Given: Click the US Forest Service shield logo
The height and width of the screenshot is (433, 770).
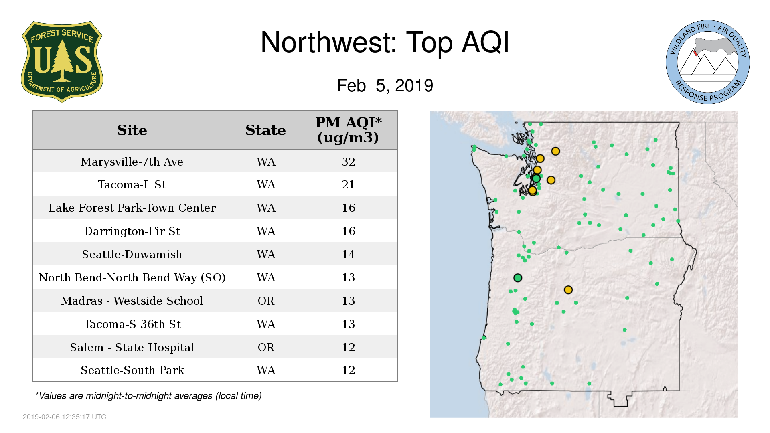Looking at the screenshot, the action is (62, 62).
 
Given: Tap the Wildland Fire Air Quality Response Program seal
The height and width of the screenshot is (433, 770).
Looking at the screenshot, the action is (708, 62).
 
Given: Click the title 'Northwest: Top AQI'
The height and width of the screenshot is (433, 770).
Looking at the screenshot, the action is (385, 42).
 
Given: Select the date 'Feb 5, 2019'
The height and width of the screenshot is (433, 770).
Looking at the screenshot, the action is (385, 85).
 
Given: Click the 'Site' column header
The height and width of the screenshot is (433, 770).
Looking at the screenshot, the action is (132, 130).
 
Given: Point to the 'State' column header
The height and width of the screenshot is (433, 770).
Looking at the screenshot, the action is (265, 130).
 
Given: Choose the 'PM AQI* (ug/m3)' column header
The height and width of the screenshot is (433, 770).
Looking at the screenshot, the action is (348, 130).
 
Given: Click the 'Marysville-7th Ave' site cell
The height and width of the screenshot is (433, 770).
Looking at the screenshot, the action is (132, 162).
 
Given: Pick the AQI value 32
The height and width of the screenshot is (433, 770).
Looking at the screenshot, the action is (348, 162).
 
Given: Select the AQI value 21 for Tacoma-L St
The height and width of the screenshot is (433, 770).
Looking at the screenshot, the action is (348, 184).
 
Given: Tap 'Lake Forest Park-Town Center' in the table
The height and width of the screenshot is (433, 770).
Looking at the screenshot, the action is (132, 208).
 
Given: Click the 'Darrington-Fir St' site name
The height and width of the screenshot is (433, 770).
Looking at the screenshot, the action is (132, 231).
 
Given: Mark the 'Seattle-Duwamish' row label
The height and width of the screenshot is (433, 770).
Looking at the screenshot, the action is (132, 254).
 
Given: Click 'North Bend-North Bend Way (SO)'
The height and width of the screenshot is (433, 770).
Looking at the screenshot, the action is (132, 277).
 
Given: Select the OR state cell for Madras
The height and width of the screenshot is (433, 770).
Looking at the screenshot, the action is (266, 301).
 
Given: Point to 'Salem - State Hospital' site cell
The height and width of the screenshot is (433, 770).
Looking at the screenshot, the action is (132, 347).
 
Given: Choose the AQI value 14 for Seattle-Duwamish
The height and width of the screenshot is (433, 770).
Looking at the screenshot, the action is (348, 254).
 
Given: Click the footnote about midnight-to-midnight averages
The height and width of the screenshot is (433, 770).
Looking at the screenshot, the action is (148, 396).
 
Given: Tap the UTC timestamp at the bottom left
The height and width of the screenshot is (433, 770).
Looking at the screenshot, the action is (65, 417).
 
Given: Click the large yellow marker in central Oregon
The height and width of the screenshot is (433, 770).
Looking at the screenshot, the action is (568, 290).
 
